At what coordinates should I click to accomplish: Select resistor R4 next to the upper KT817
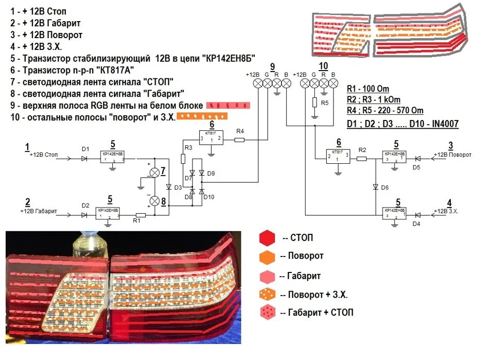(x=239, y=139)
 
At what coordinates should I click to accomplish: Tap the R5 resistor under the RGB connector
(x=314, y=102)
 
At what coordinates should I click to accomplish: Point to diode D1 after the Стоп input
(x=84, y=159)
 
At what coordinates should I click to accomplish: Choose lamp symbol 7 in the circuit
(x=153, y=171)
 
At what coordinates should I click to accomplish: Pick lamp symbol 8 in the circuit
(x=153, y=200)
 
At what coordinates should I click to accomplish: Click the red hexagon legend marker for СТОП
(x=266, y=238)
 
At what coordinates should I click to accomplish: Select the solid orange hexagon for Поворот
(x=267, y=256)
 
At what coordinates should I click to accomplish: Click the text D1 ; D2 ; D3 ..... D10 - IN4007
(x=403, y=124)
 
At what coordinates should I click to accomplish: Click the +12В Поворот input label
(x=451, y=155)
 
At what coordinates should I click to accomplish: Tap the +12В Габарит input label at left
(x=39, y=211)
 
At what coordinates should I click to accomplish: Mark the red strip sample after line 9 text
(x=228, y=105)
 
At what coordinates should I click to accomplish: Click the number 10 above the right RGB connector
(x=323, y=65)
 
